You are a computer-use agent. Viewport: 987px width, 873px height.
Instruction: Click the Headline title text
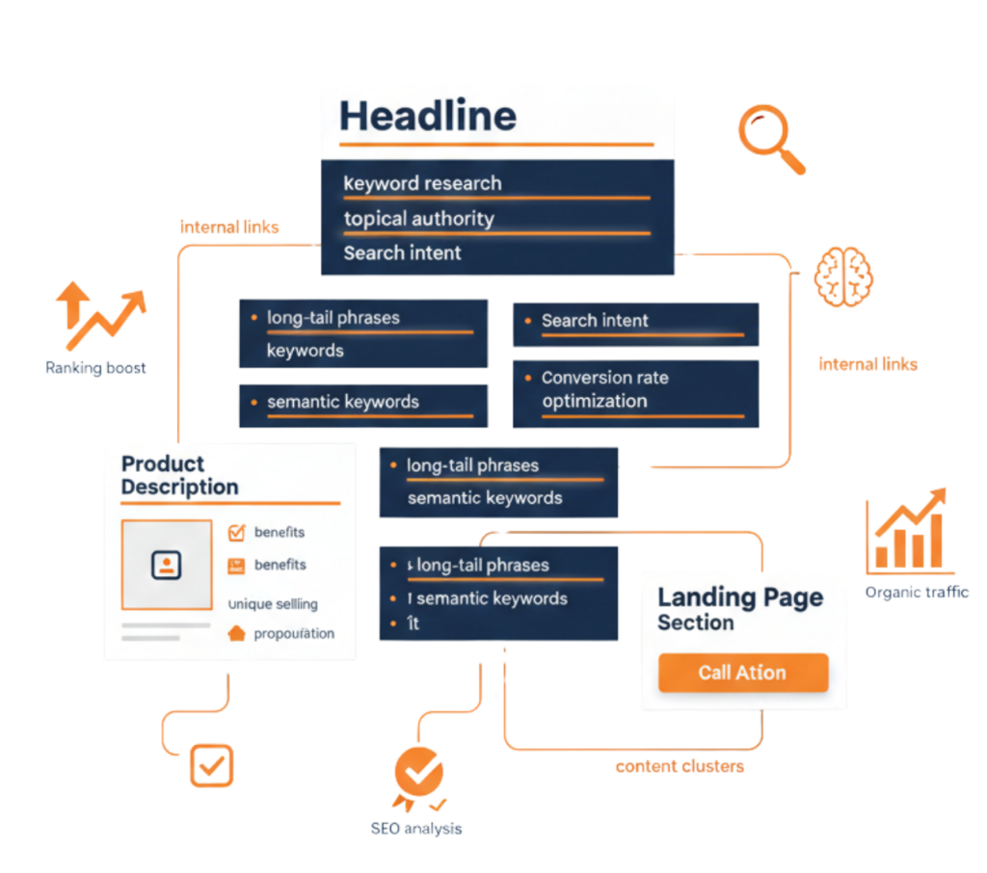click(428, 117)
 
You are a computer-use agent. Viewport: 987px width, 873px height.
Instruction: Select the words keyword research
click(422, 183)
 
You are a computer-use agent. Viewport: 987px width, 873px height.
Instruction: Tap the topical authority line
click(418, 219)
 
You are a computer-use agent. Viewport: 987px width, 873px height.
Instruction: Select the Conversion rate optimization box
click(635, 390)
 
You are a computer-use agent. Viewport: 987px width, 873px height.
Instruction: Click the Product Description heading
click(180, 475)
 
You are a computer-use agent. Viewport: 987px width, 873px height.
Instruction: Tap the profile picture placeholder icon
click(167, 565)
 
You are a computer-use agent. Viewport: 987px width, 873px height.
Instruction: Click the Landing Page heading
click(740, 596)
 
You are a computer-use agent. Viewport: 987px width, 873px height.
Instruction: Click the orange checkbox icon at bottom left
click(211, 765)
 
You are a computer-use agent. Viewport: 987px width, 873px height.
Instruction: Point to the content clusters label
click(680, 767)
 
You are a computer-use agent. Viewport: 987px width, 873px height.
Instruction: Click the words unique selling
click(273, 604)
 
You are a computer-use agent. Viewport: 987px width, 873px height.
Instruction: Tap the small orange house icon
click(236, 633)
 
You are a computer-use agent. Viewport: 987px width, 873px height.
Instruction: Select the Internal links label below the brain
click(867, 364)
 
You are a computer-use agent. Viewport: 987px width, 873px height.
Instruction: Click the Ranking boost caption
click(95, 367)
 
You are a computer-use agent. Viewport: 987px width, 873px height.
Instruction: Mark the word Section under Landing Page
click(695, 622)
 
